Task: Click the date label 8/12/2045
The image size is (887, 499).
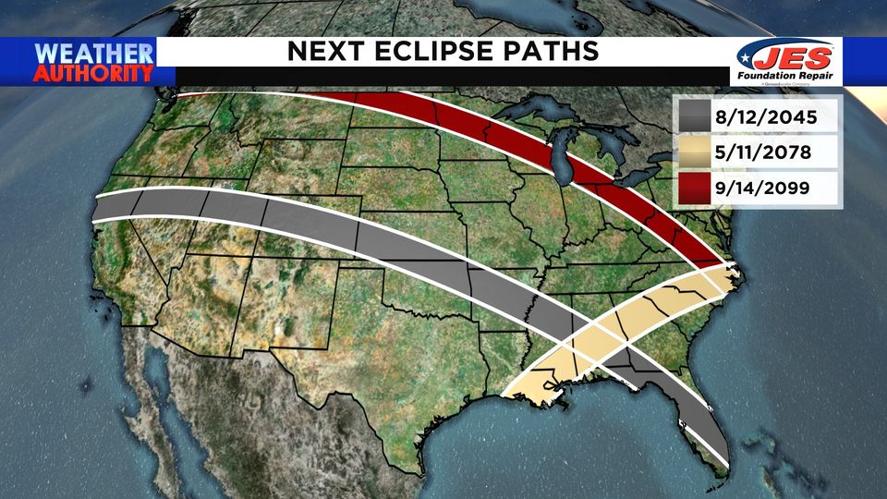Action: click(764, 117)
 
